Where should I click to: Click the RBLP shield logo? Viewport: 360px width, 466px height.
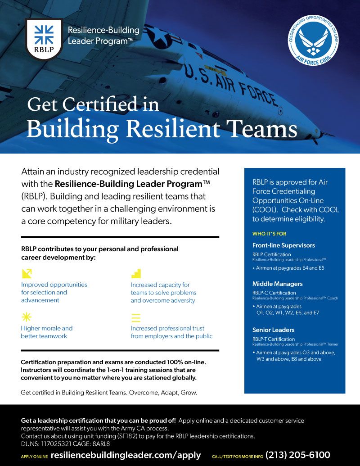(44, 39)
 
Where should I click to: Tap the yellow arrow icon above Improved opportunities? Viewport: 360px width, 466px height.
(27, 273)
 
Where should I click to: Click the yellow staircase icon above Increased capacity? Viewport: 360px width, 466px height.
(136, 273)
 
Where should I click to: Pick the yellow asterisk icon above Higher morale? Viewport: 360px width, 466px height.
(27, 317)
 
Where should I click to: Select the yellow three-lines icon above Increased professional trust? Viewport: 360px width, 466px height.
(136, 317)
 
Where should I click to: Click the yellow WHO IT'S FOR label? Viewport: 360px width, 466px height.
(269, 234)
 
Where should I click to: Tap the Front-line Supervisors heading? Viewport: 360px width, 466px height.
(283, 245)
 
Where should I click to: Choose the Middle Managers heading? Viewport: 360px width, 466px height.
(277, 284)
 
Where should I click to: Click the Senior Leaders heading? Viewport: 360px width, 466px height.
(273, 330)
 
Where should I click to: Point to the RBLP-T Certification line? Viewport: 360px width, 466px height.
(274, 339)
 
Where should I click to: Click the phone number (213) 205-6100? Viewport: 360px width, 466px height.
(298, 455)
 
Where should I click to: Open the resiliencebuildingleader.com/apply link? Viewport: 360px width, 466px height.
(126, 455)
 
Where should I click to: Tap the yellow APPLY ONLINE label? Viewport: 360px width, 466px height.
(34, 456)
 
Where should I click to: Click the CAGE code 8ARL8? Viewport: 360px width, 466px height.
(101, 443)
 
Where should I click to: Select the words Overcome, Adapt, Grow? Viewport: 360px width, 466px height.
(163, 393)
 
